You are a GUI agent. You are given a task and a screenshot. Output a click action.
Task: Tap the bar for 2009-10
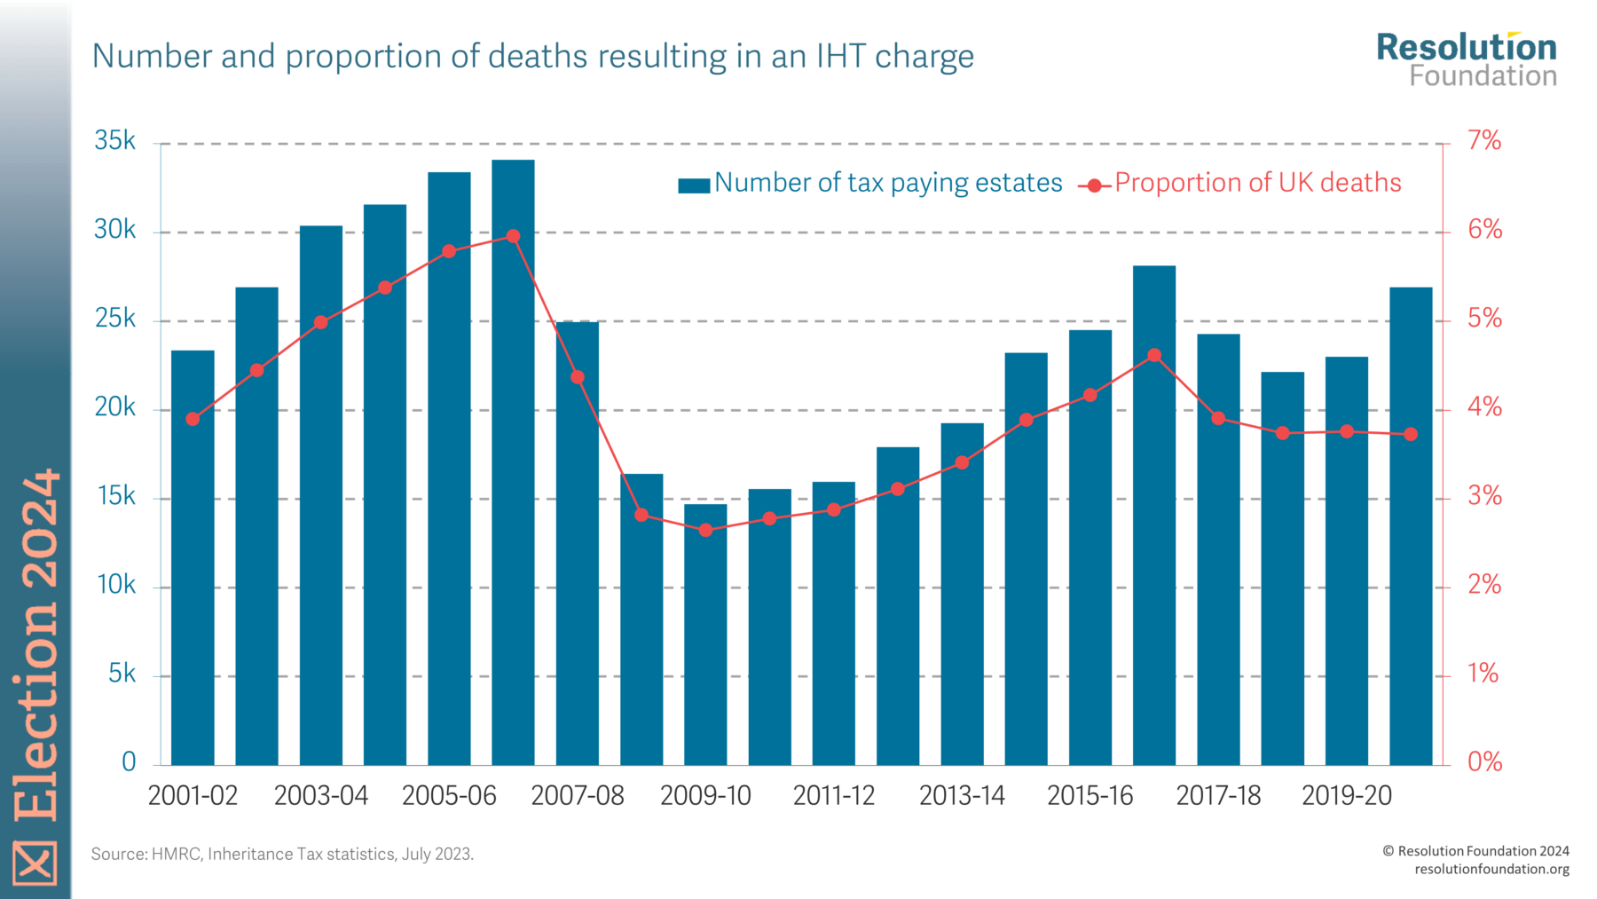[x=705, y=635]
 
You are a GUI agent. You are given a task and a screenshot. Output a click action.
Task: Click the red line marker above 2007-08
[x=578, y=377]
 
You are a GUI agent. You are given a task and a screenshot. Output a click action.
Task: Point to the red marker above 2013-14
[x=962, y=462]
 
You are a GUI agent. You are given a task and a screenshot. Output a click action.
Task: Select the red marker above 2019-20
[x=1347, y=431]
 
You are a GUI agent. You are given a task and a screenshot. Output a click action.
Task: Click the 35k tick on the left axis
[x=115, y=141]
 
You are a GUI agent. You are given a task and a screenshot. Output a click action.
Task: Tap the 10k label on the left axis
[x=115, y=585]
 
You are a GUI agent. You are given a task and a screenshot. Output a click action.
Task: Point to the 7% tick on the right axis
[x=1484, y=141]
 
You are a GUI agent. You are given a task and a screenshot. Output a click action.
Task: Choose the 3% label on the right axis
[x=1484, y=496]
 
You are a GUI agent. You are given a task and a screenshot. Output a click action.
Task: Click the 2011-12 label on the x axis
[x=834, y=795]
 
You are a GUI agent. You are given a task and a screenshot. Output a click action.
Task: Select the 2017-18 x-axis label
[x=1218, y=795]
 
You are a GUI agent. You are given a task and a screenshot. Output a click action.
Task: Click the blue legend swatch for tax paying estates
[x=693, y=185]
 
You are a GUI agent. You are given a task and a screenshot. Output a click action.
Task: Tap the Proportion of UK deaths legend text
[x=1257, y=183]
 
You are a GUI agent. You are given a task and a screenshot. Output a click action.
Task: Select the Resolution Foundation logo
[x=1466, y=59]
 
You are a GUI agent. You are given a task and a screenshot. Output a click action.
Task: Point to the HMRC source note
[x=282, y=854]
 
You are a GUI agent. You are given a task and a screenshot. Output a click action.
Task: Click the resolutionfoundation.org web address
[x=1491, y=869]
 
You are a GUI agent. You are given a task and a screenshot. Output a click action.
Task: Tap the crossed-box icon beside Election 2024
[x=35, y=862]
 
